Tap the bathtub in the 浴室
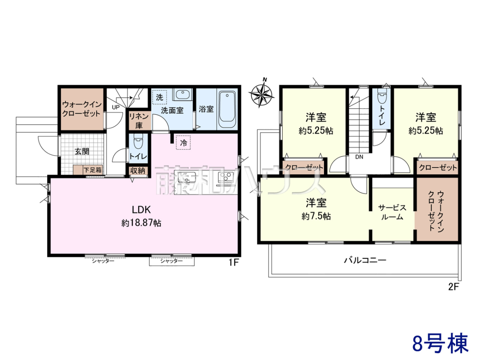pyautogui.click(x=227, y=110)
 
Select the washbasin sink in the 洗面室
pyautogui.click(x=182, y=94)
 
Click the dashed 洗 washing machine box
pyautogui.click(x=160, y=97)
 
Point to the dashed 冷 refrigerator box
pyautogui.click(x=183, y=143)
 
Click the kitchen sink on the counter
pyautogui.click(x=187, y=177)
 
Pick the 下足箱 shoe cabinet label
pyautogui.click(x=93, y=170)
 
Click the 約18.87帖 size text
pyautogui.click(x=141, y=223)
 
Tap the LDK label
pyautogui.click(x=141, y=210)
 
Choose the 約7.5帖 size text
pyautogui.click(x=316, y=216)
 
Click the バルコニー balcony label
pyautogui.click(x=365, y=260)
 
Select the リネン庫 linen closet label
pyautogui.click(x=139, y=121)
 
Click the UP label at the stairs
pyautogui.click(x=116, y=107)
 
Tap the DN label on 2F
pyautogui.click(x=359, y=157)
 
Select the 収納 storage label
pyautogui.click(x=138, y=171)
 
